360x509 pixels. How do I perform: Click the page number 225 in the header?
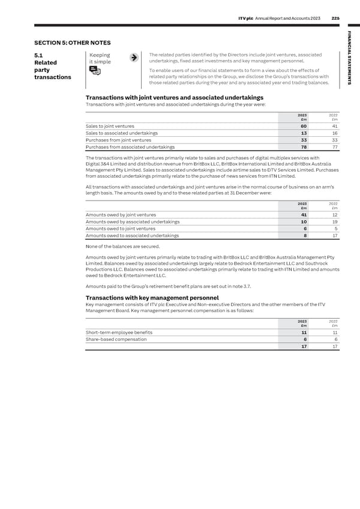tap(337, 19)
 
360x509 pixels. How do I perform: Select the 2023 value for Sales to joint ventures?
tap(304, 126)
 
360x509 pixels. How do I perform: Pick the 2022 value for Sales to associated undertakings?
tap(335, 133)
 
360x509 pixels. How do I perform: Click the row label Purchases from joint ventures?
tap(118, 140)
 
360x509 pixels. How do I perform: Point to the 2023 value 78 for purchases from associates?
tap(304, 147)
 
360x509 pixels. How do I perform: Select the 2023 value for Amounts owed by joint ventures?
tap(304, 215)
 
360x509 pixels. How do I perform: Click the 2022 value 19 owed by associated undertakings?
tap(335, 221)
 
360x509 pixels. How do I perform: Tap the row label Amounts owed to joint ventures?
tap(121, 229)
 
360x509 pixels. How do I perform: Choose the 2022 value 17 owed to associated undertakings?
tap(335, 235)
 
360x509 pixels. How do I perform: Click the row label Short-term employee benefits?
tap(119, 333)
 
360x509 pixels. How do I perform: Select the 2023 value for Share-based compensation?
tap(305, 340)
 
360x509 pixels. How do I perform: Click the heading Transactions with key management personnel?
tap(152, 298)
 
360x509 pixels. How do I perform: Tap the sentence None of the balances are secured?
tap(123, 246)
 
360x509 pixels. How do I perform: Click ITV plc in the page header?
tap(248, 19)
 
